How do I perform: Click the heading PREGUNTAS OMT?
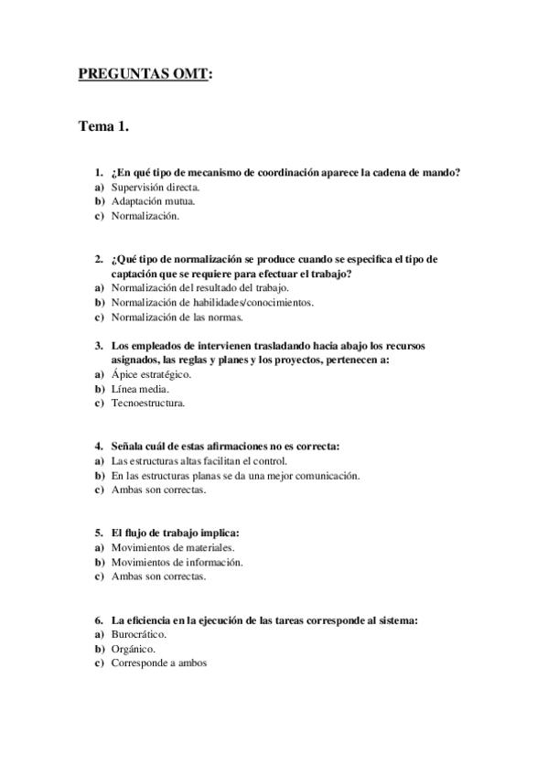(145, 74)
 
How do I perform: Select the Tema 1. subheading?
(103, 127)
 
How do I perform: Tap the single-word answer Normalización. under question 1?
(145, 216)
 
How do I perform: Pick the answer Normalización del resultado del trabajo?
(199, 287)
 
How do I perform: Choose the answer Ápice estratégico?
(150, 374)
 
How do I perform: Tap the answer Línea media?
(139, 389)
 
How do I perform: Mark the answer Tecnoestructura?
(147, 404)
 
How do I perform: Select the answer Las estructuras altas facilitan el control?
(199, 460)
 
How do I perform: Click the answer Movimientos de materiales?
(166, 546)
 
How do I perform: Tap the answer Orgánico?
(133, 648)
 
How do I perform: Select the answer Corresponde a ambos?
(159, 663)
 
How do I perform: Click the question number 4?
(98, 446)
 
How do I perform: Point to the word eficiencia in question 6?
(147, 619)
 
